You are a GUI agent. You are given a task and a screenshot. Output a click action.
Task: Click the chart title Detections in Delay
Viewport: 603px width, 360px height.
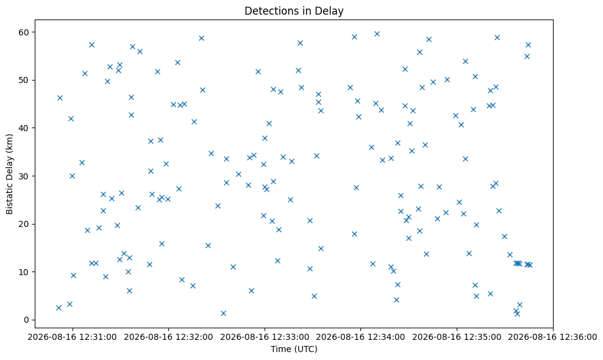pos(294,11)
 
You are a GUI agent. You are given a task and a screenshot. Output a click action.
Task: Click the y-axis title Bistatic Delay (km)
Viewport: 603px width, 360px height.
pos(10,174)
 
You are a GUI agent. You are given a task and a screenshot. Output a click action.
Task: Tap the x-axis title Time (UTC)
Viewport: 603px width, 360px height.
pos(294,349)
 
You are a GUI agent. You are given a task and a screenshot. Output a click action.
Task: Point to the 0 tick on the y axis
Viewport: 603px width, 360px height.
pos(27,320)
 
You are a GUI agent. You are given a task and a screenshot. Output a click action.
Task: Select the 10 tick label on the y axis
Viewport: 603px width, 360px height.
pos(24,272)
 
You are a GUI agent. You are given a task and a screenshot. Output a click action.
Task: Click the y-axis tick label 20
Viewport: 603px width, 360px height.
pos(24,224)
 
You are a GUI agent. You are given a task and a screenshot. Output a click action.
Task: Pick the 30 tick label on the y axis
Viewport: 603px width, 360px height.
pos(24,176)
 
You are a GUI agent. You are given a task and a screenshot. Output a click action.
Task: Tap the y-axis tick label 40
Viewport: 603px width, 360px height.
pos(24,128)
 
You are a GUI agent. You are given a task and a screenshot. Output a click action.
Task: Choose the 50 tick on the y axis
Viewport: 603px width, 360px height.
pos(24,80)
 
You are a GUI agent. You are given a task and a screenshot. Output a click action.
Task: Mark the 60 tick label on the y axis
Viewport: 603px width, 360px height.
pos(24,32)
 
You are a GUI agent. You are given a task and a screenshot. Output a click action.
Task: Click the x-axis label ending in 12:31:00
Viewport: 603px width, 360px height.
pos(73,337)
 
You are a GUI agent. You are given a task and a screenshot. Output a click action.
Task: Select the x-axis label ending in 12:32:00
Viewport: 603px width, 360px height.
pos(168,337)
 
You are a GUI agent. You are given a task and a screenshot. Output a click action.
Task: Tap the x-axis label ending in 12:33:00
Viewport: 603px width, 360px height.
pos(265,337)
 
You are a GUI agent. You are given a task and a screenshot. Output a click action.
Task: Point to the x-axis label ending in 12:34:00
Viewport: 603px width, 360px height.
pos(360,337)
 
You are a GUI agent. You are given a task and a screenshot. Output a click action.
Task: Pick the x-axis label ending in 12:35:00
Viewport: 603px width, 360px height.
pos(457,337)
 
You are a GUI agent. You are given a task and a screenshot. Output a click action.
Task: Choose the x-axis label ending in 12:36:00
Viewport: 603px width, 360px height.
pos(552,337)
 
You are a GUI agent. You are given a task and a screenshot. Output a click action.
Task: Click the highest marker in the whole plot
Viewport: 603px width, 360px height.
pos(377,34)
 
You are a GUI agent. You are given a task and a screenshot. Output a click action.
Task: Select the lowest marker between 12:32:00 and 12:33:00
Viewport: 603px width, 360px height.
pos(223,314)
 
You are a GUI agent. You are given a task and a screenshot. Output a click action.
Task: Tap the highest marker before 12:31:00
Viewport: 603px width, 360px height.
pos(60,98)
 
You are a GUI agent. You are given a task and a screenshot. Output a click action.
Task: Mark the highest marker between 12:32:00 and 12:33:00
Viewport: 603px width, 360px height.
pos(201,38)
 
